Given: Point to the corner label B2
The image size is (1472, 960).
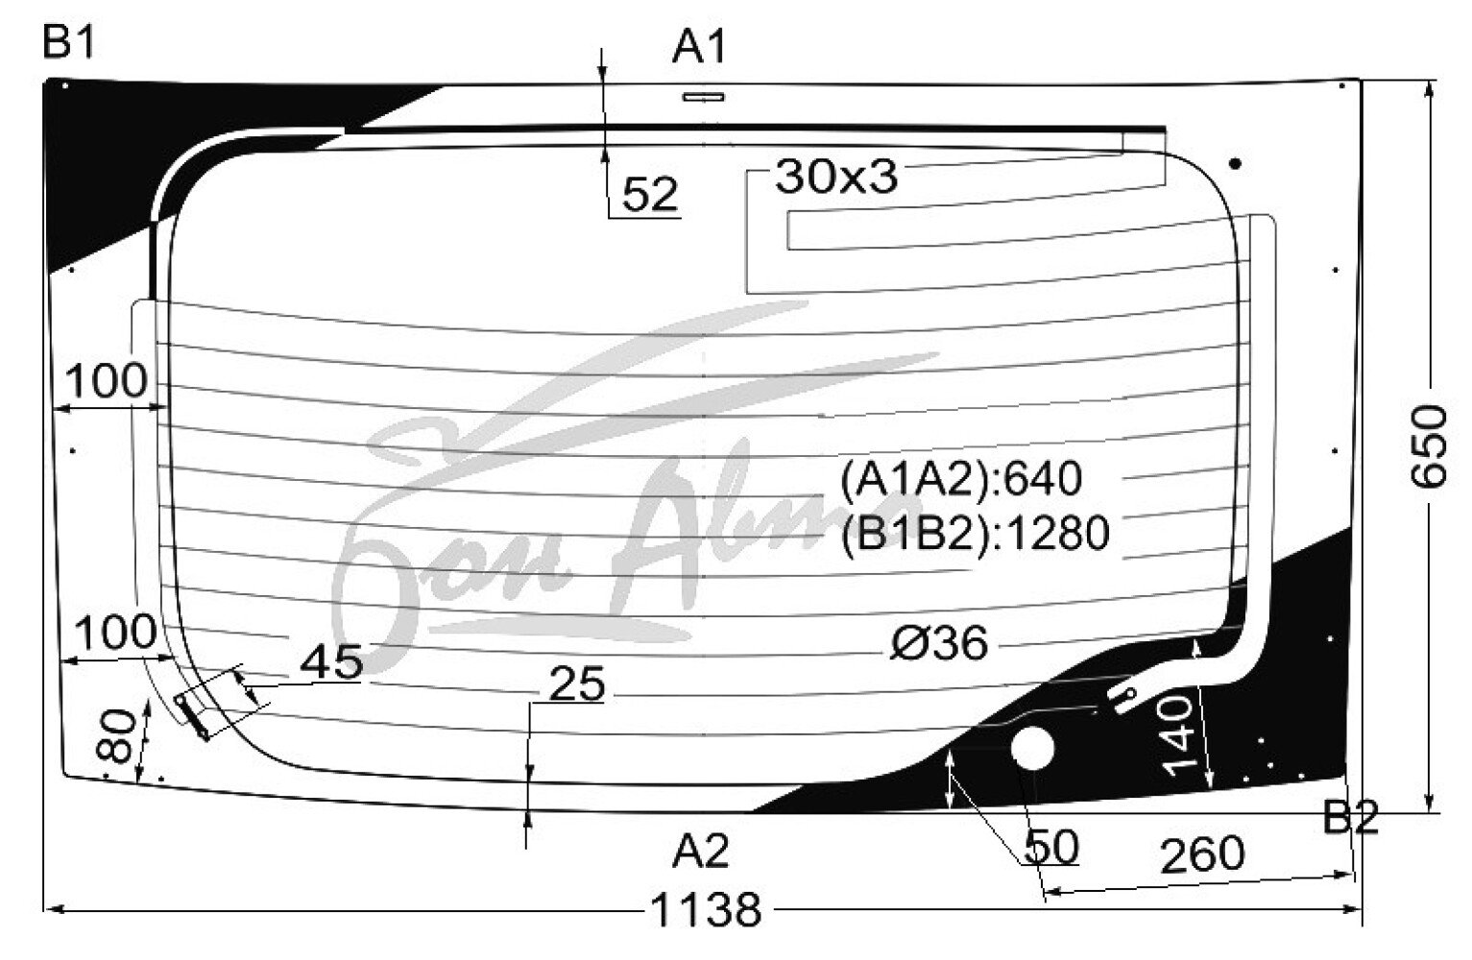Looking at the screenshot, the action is click(x=1350, y=817).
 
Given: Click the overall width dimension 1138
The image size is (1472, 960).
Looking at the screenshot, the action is click(x=706, y=910).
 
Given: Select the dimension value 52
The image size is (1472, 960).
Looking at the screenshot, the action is click(x=649, y=195).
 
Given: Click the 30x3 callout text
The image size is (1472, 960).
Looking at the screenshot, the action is click(x=836, y=177).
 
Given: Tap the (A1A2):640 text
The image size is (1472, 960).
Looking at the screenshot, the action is click(x=961, y=478).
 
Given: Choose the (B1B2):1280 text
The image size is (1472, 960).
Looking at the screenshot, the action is click(x=976, y=533).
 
